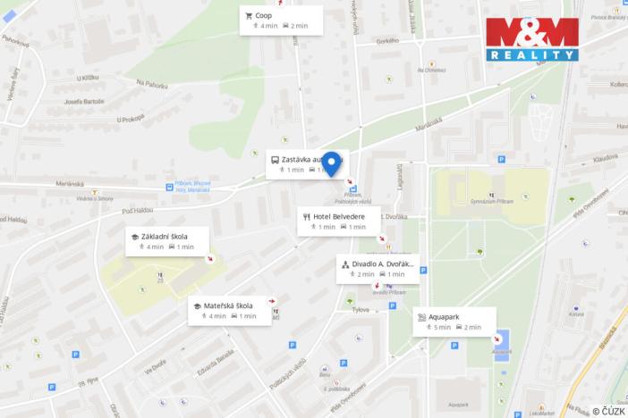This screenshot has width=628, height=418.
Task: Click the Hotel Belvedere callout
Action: (x=338, y=221)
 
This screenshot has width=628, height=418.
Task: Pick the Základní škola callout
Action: (x=166, y=241)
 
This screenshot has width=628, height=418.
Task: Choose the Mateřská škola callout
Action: (x=229, y=310)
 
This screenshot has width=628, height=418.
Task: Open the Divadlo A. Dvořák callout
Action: (x=377, y=269)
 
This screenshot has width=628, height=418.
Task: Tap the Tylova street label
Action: (x=361, y=310)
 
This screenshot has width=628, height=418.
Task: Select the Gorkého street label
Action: (x=386, y=41)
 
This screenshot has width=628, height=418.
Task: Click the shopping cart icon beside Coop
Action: (x=248, y=15)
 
